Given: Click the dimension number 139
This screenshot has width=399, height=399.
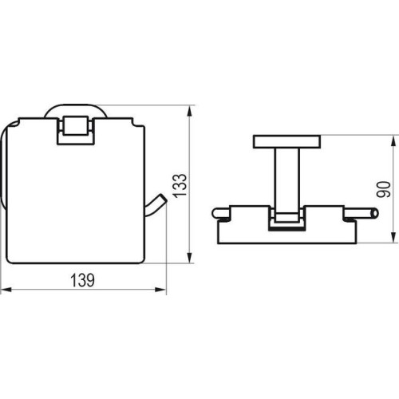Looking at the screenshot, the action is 82,280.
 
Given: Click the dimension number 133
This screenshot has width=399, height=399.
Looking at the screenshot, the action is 180,185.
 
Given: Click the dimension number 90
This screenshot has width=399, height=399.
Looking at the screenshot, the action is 384,189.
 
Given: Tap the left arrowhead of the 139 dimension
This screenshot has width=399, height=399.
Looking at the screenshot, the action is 6,290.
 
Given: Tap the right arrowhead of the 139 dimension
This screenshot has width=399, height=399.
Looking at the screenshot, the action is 160,290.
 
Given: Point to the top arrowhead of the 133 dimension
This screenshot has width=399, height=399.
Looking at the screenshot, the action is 189,111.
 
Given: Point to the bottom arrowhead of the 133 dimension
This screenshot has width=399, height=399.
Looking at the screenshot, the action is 189,258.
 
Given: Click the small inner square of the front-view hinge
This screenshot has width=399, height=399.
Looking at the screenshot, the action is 76,125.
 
